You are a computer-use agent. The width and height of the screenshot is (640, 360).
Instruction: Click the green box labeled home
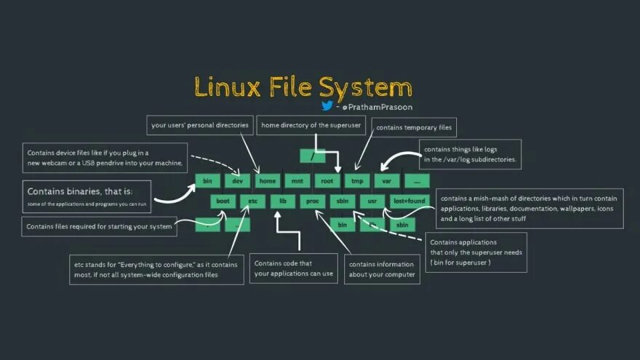pyautogui.click(x=268, y=180)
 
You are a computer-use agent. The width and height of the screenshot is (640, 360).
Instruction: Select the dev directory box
pyautogui.click(x=237, y=180)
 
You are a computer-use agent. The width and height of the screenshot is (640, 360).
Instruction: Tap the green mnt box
pyautogui.click(x=297, y=180)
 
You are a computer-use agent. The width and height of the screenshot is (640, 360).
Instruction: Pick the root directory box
pyautogui.click(x=327, y=180)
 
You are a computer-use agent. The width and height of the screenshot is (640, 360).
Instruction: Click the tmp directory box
pyautogui.click(x=357, y=180)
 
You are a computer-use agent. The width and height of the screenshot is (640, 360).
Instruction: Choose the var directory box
pyautogui.click(x=387, y=180)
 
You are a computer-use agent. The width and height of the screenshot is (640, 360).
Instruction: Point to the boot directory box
pyautogui.click(x=223, y=201)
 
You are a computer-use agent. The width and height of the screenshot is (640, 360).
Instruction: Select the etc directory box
pyautogui.click(x=253, y=201)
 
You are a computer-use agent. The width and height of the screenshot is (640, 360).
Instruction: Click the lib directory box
pyautogui.click(x=283, y=201)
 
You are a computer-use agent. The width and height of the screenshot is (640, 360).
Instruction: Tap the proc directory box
pyautogui.click(x=313, y=201)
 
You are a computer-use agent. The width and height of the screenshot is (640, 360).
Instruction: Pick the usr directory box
pyautogui.click(x=372, y=201)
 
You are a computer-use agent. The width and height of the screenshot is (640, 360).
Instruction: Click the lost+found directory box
pyautogui.click(x=409, y=201)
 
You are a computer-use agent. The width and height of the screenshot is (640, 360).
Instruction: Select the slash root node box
pyautogui.click(x=312, y=156)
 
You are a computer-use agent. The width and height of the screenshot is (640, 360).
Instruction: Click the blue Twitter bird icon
pyautogui.click(x=327, y=105)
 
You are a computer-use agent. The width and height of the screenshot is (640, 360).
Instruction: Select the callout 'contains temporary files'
pyautogui.click(x=414, y=128)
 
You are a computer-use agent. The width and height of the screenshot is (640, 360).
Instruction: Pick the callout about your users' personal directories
pyautogui.click(x=200, y=125)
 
